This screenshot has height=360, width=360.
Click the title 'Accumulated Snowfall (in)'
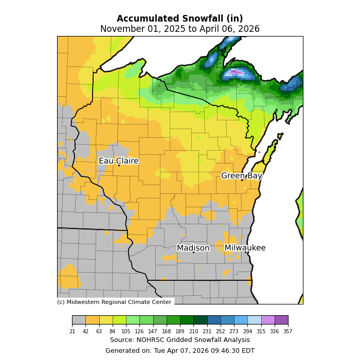[x=179, y=19]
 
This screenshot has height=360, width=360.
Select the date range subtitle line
[x=179, y=29]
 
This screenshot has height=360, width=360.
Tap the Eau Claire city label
[x=118, y=161]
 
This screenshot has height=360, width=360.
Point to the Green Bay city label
[x=241, y=176]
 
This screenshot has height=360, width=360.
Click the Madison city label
[x=193, y=248]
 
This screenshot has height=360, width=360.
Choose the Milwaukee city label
[x=245, y=248]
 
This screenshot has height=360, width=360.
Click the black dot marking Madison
[x=193, y=252]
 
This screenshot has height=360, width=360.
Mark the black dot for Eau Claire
[x=119, y=165]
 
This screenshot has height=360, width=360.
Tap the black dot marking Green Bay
[x=242, y=180]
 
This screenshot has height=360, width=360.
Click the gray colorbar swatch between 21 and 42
[x=79, y=320]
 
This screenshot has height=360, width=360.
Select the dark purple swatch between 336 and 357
[x=281, y=320]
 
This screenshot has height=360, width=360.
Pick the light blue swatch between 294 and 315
[x=254, y=320]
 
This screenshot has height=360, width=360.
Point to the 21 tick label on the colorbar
[x=72, y=332]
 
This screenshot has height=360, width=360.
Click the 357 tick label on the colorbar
[x=288, y=332]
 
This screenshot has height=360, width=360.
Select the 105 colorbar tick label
[x=126, y=332]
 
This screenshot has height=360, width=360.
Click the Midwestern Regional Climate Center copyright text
[x=114, y=302]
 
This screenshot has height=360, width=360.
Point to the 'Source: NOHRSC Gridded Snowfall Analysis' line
[x=179, y=340]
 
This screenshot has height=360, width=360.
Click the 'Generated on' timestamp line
[x=179, y=351]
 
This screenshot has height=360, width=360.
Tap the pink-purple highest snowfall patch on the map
[x=236, y=73]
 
